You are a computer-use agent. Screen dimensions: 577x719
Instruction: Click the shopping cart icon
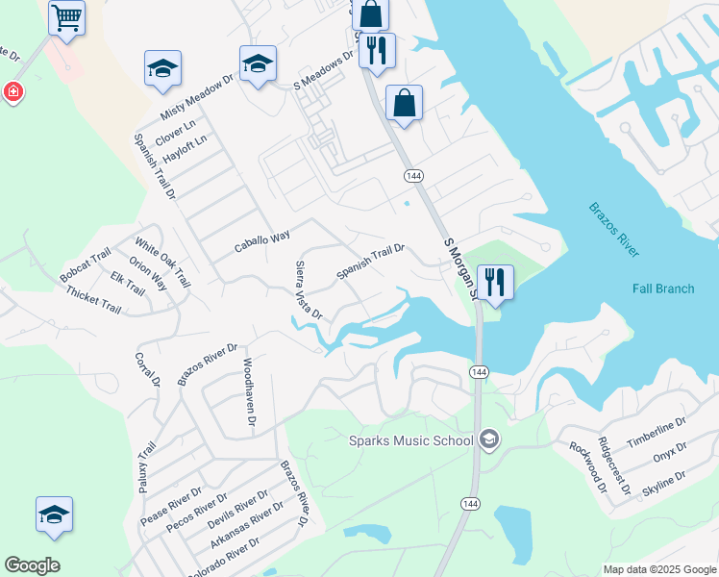pyautogui.click(x=66, y=16)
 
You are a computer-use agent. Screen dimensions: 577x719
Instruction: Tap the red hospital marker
pyautogui.click(x=13, y=92)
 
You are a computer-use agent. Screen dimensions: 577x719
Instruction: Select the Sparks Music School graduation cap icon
pyautogui.click(x=489, y=440)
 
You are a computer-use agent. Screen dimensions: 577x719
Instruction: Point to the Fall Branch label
pyautogui.click(x=663, y=288)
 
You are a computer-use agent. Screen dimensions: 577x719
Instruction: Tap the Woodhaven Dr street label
pyautogui.click(x=249, y=393)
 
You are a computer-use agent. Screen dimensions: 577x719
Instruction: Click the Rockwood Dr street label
pyautogui.click(x=588, y=466)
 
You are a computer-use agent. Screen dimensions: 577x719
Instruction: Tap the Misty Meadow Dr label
pyautogui.click(x=197, y=97)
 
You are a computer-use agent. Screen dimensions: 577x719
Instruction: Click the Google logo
pyautogui.click(x=32, y=565)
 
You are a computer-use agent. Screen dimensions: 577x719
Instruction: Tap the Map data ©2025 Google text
pyautogui.click(x=658, y=569)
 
